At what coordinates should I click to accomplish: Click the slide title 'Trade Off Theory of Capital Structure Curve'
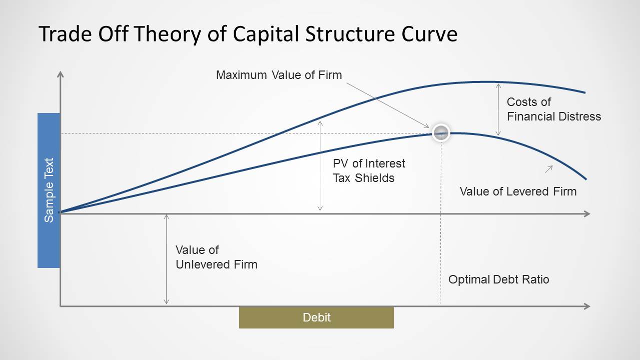(x=248, y=34)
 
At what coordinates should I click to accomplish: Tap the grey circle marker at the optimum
(x=441, y=133)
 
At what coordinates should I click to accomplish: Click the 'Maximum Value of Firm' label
(x=279, y=75)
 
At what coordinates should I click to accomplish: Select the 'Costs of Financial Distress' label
(x=554, y=109)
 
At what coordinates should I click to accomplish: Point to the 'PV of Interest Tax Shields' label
(x=369, y=170)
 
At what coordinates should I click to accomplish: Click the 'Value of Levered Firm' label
(x=518, y=191)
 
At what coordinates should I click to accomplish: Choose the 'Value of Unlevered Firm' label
(x=216, y=257)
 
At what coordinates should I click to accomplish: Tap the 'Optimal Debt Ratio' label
(x=498, y=279)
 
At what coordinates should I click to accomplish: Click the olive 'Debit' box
(x=316, y=317)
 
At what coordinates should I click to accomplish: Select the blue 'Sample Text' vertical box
(x=49, y=190)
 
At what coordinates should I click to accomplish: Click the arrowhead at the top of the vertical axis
(x=60, y=74)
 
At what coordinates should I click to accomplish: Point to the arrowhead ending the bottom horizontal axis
(x=587, y=306)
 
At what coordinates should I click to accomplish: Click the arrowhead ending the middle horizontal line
(x=587, y=214)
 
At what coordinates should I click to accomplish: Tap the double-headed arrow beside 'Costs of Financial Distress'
(x=498, y=109)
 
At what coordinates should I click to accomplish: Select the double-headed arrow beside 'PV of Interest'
(x=320, y=166)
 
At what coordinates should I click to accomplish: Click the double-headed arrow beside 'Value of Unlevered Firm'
(x=166, y=259)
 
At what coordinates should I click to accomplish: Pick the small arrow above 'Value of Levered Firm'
(x=549, y=169)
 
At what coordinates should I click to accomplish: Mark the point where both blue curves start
(x=60, y=212)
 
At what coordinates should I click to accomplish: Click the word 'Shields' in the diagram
(x=375, y=178)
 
